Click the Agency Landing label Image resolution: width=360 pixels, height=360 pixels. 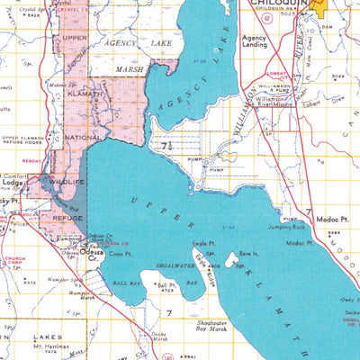click(x=255, y=41)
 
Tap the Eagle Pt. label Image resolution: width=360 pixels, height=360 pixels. click(x=203, y=243)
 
